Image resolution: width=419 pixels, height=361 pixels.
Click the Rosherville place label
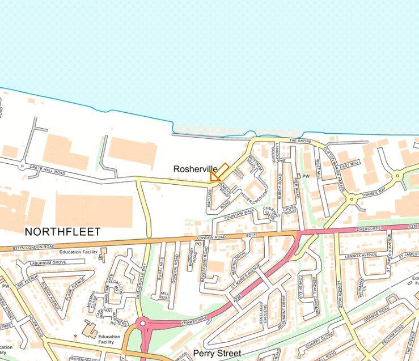pos(195,169)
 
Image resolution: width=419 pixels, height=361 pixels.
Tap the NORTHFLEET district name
pos(62,232)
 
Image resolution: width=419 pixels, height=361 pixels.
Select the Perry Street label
pos(217,353)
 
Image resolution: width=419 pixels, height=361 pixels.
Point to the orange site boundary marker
pos(219,172)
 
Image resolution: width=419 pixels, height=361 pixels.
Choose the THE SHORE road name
pos(301,141)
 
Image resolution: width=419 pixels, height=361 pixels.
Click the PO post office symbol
pos(198,244)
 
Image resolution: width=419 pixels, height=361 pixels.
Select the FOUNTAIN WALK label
pos(239,214)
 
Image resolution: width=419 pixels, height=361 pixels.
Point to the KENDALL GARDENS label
pos(316,289)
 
